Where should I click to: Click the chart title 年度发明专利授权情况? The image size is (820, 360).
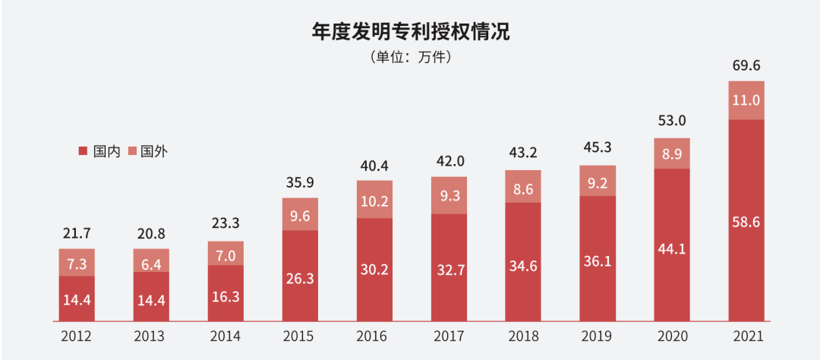[410, 32]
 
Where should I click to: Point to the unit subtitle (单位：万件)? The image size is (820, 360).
[410, 57]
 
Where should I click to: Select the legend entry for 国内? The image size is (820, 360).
[100, 151]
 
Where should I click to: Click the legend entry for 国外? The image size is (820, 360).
[147, 151]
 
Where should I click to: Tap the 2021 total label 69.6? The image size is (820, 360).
[746, 66]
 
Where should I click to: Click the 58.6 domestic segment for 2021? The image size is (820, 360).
[746, 222]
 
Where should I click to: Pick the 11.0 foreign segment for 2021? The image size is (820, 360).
[746, 100]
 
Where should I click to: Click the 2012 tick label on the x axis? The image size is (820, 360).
[76, 335]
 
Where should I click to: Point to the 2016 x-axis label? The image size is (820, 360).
[374, 335]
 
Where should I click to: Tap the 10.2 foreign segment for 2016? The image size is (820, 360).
[374, 200]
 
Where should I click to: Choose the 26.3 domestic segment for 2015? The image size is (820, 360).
[300, 278]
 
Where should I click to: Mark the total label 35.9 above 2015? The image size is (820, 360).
[300, 183]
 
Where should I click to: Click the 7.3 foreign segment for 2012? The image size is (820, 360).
[76, 262]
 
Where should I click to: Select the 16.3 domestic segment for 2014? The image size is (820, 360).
[225, 295]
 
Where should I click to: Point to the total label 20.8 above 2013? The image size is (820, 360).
[150, 234]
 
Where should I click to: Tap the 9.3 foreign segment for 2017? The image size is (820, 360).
[449, 195]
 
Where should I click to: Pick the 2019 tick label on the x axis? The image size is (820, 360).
[598, 335]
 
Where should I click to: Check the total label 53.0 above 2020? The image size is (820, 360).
[671, 122]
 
